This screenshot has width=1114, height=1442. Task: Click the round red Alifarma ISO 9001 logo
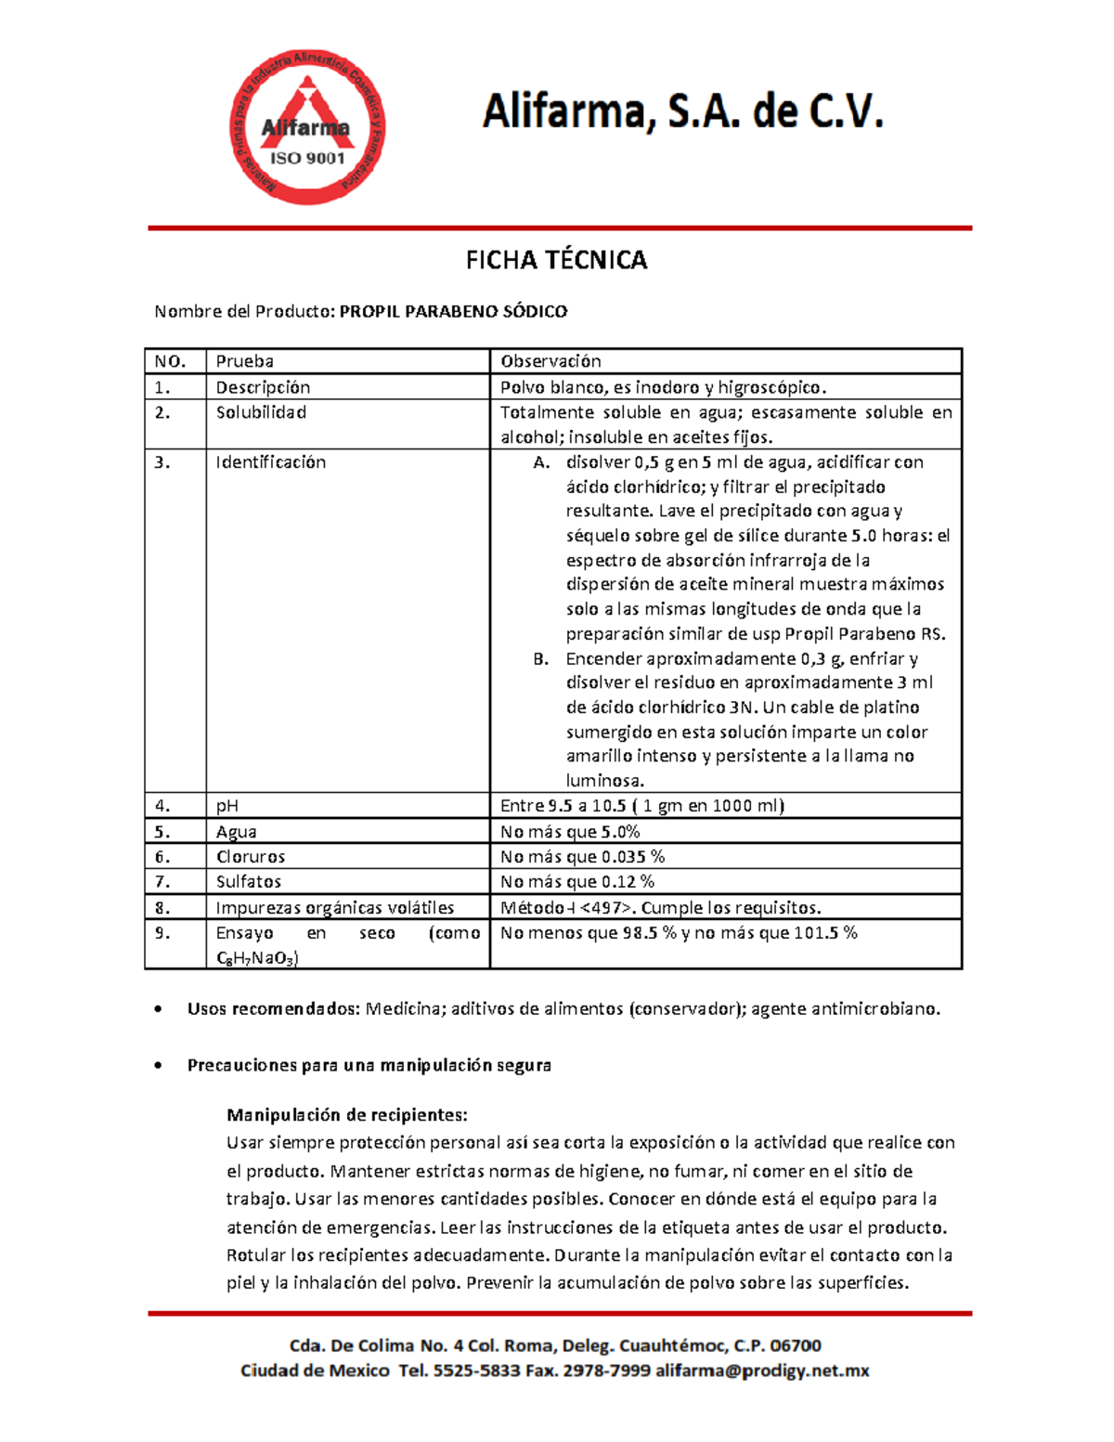tap(307, 128)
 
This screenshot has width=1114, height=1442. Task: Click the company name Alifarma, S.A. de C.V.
tap(682, 112)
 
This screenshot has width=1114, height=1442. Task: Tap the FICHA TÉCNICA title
tap(556, 260)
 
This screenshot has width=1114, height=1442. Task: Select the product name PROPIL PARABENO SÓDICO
tap(453, 312)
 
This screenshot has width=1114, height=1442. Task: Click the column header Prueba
tap(244, 361)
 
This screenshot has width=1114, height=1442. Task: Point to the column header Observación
tap(551, 361)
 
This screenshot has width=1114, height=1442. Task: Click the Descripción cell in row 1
tap(263, 387)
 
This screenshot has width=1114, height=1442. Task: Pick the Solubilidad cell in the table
tap(261, 412)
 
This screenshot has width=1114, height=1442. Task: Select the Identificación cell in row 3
tap(270, 462)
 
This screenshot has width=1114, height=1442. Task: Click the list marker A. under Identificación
tap(541, 462)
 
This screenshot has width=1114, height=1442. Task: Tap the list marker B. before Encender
tap(541, 659)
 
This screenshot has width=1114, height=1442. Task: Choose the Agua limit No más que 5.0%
tap(570, 832)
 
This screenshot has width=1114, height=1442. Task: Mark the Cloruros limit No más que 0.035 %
tap(582, 857)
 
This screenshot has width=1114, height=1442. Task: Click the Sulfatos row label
tap(248, 882)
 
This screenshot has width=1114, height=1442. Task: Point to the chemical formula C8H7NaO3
tap(257, 958)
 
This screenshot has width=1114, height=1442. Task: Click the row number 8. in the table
tap(162, 908)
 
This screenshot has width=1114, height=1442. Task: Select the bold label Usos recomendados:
tap(273, 1009)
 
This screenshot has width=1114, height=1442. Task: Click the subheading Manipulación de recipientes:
tap(346, 1115)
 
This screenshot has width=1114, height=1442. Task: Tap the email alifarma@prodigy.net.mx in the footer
tap(761, 1371)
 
